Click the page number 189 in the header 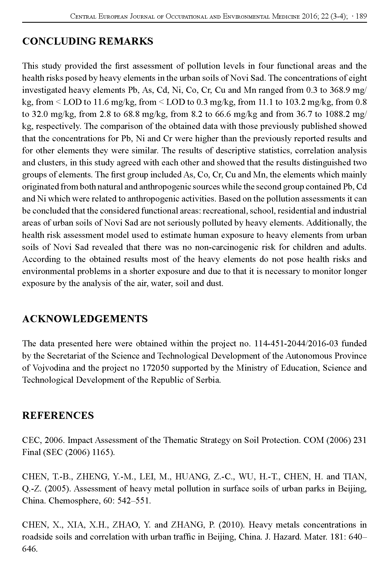tap(361, 16)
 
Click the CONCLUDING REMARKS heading tap(88, 41)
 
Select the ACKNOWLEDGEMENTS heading tap(85, 319)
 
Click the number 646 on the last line tap(29, 549)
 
